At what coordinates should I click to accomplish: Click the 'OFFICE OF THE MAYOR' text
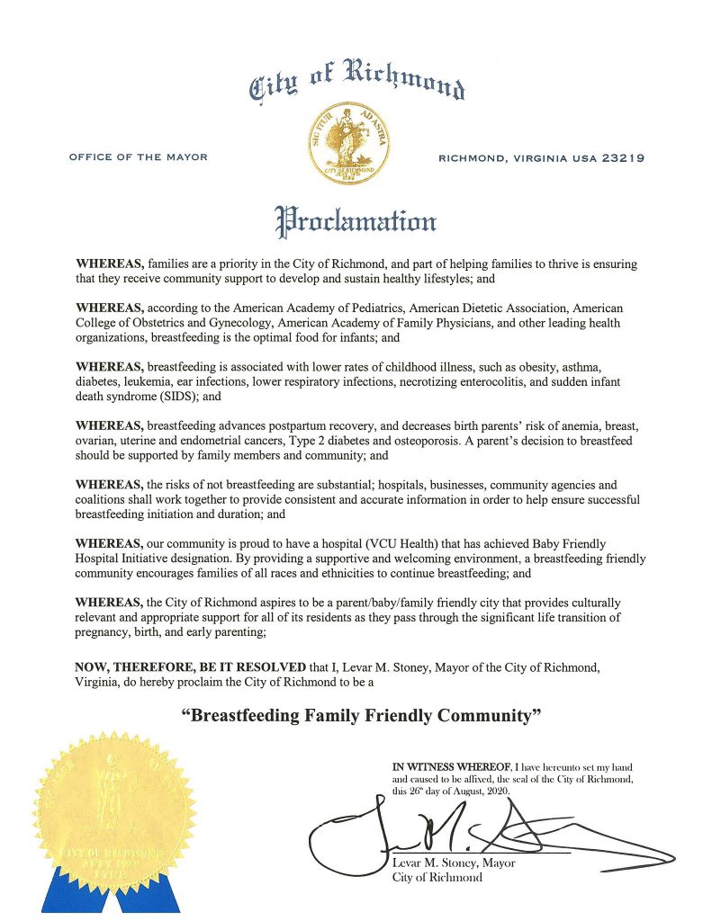click(138, 157)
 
